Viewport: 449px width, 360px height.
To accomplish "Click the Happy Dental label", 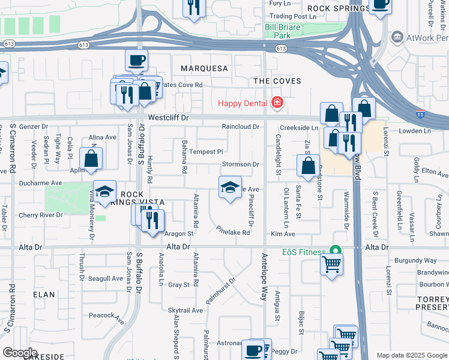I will [x=243, y=103].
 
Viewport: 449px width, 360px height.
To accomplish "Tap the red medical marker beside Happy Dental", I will [x=277, y=103].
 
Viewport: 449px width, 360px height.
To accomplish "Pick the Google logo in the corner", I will [x=20, y=352].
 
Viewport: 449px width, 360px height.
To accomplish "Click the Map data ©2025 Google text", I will [x=411, y=355].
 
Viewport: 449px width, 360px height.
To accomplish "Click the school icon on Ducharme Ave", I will [x=105, y=191].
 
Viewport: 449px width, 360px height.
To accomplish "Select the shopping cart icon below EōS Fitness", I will [x=332, y=263].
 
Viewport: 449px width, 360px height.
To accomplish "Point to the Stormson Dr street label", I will [x=240, y=164].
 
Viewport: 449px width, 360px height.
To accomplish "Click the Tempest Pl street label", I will [x=206, y=152].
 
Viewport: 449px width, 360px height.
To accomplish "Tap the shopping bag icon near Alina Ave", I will [x=91, y=158].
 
